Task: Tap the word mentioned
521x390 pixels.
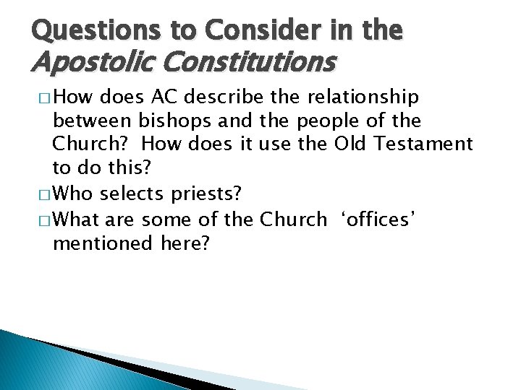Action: pyautogui.click(x=101, y=243)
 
